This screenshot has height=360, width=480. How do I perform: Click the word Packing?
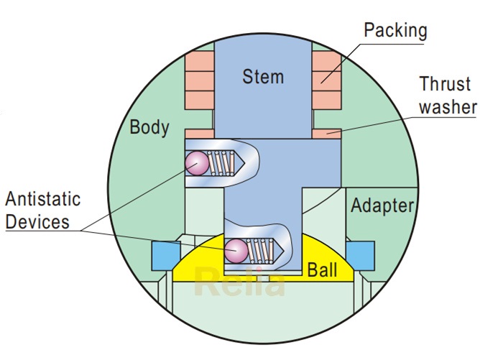point(395,30)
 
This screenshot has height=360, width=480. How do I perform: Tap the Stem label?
point(263,76)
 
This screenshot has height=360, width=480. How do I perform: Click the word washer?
point(449,107)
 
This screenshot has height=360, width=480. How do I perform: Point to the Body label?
point(149,128)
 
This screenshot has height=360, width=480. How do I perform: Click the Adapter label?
point(382,206)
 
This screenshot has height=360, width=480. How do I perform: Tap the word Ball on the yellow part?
point(322,270)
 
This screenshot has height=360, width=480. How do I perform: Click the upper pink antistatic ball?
point(196,164)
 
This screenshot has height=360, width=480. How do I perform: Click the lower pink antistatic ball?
point(236,250)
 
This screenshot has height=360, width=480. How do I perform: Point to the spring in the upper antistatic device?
point(223,165)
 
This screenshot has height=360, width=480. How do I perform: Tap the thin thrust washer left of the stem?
point(198,133)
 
